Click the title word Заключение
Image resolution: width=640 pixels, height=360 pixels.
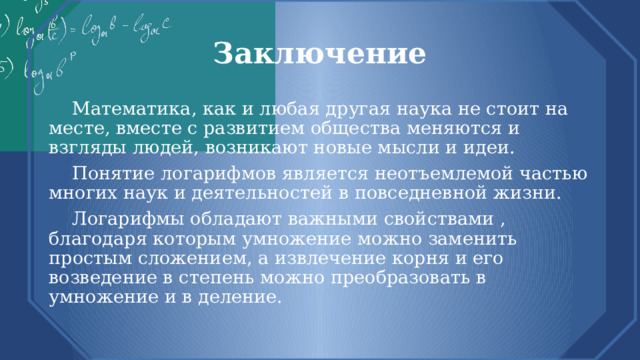(x=319, y=53)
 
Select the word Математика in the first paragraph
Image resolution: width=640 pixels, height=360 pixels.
(x=127, y=108)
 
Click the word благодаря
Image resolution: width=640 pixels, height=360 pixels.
(x=95, y=239)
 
